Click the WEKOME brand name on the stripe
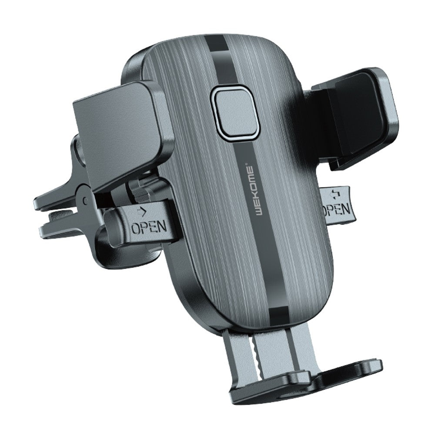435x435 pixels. tap(248, 191)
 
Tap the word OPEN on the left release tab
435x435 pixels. tap(149, 226)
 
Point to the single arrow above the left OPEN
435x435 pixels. tap(142, 212)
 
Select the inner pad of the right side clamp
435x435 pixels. tap(358, 114)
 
